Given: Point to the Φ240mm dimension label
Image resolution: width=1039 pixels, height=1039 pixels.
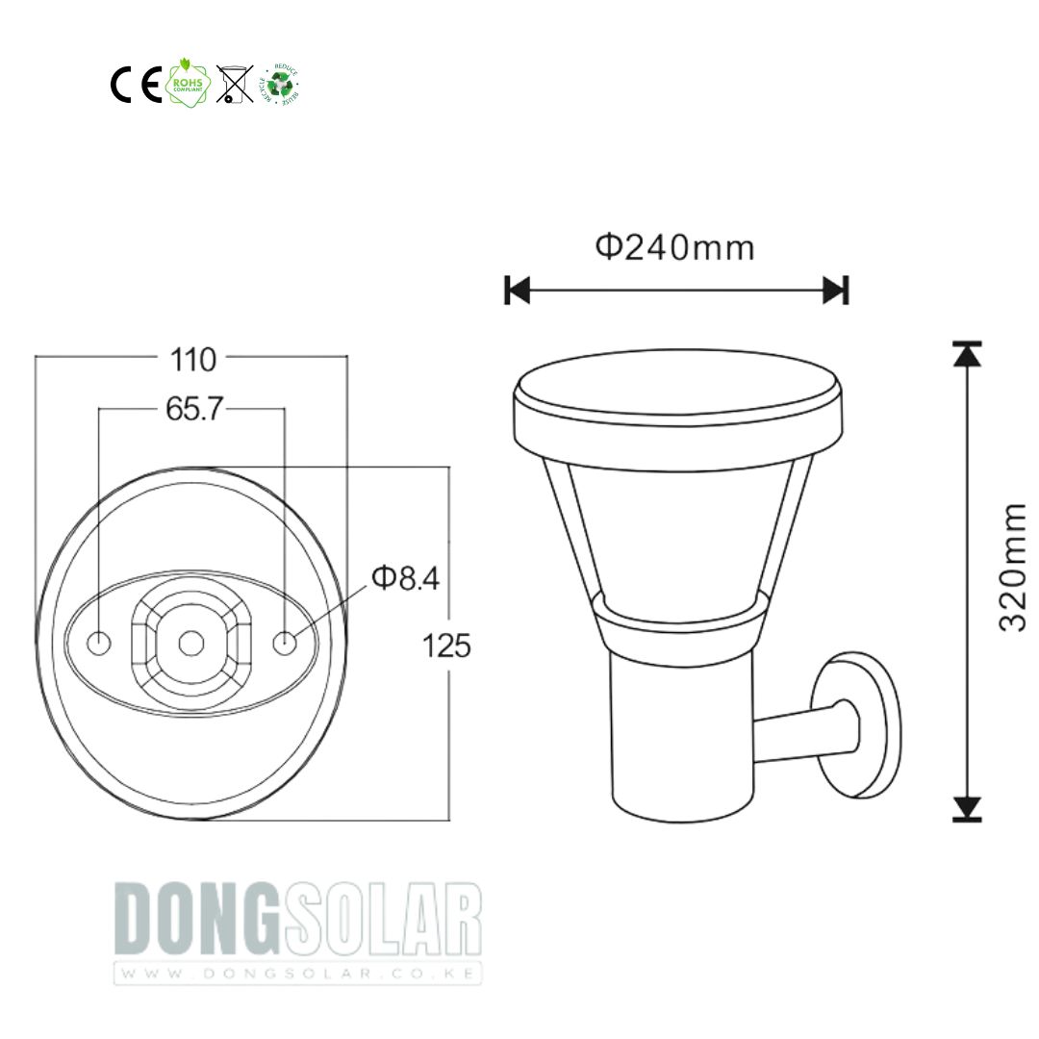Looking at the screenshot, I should pos(675,247).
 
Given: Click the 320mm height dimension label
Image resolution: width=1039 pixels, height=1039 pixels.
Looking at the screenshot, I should pos(1012,568).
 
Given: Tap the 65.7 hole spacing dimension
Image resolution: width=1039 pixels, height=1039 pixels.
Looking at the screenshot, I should pos(194,410).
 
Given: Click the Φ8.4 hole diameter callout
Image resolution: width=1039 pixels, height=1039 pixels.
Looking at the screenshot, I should pos(405,577).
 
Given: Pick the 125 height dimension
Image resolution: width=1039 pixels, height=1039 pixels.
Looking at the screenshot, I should pos(447,646).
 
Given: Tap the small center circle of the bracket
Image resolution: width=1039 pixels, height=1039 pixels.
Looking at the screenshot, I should pos(191,642).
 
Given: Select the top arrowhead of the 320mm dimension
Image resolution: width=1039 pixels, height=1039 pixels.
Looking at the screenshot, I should pos(967,354).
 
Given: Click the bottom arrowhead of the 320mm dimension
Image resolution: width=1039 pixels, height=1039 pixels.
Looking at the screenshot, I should pos(967,808).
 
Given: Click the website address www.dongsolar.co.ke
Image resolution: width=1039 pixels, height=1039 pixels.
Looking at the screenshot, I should pos(297,973).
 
